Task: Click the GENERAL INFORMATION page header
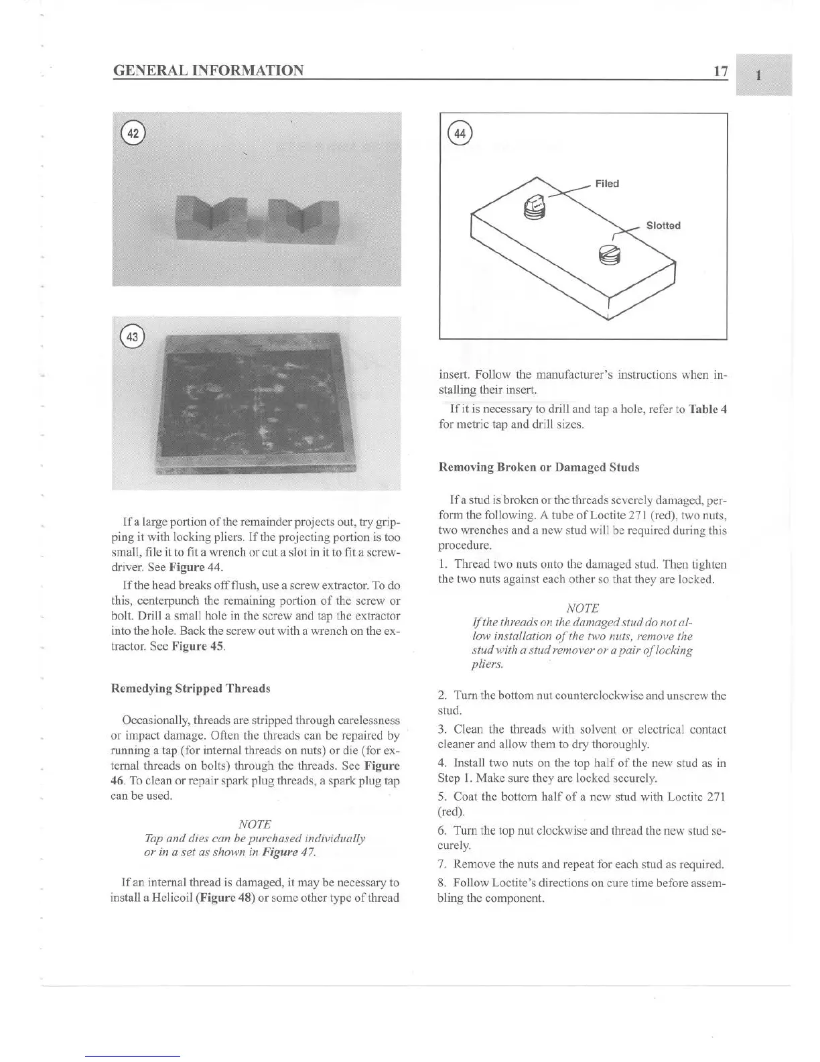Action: (208, 70)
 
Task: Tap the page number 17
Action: (721, 70)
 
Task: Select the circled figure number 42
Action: (134, 133)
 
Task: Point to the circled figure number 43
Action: (133, 337)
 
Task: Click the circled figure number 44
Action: (460, 133)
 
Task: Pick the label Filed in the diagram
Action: (607, 184)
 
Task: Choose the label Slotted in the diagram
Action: (663, 225)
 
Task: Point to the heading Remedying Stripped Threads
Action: (190, 689)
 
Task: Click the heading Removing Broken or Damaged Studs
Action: (539, 467)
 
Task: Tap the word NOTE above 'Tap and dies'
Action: (255, 824)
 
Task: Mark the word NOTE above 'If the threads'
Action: (583, 608)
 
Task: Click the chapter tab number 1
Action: (758, 75)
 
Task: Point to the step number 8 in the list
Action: (441, 883)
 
